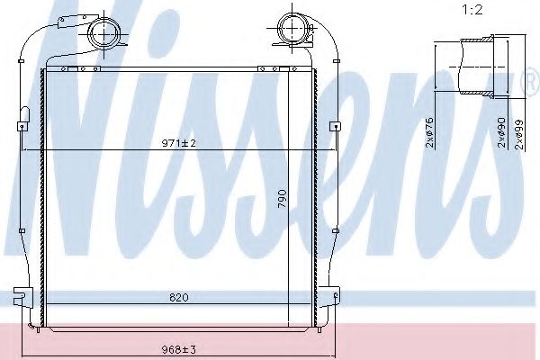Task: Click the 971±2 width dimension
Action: [x=179, y=143]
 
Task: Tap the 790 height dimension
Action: [x=283, y=198]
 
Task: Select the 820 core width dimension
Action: [x=179, y=297]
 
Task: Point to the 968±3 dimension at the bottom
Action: [x=179, y=350]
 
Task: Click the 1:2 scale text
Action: [x=472, y=10]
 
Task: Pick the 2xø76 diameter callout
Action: [x=430, y=132]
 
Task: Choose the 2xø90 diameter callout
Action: [x=502, y=132]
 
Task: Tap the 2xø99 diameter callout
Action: [x=519, y=134]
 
